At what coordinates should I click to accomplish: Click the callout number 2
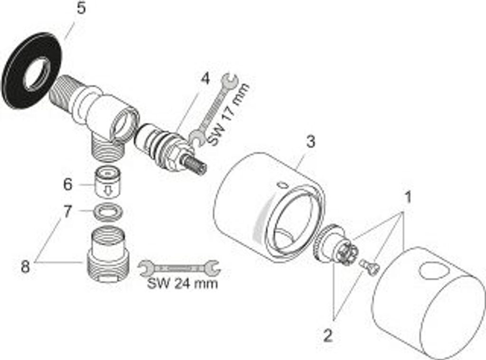click(x=327, y=335)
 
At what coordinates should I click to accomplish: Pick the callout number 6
click(x=67, y=184)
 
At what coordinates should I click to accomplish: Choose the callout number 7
click(x=67, y=211)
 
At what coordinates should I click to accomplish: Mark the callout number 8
click(x=25, y=266)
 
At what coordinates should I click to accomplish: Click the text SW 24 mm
click(x=182, y=284)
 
